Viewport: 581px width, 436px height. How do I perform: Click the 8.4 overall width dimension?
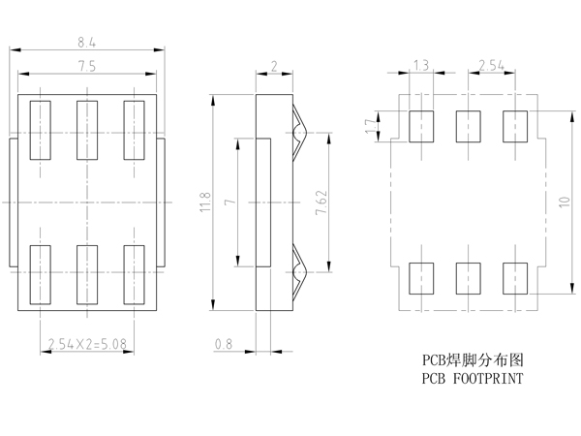[86, 42]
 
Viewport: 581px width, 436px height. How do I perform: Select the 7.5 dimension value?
[86, 65]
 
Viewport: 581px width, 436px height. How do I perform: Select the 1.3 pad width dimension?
[421, 65]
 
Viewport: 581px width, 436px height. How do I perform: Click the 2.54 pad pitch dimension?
[492, 65]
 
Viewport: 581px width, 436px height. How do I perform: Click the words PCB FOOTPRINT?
[473, 379]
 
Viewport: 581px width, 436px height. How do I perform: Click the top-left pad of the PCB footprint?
[421, 127]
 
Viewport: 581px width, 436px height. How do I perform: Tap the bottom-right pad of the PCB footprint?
[515, 277]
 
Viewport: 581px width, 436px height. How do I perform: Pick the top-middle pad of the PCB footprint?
[469, 127]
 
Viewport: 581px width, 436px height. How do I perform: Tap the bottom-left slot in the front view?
[40, 274]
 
